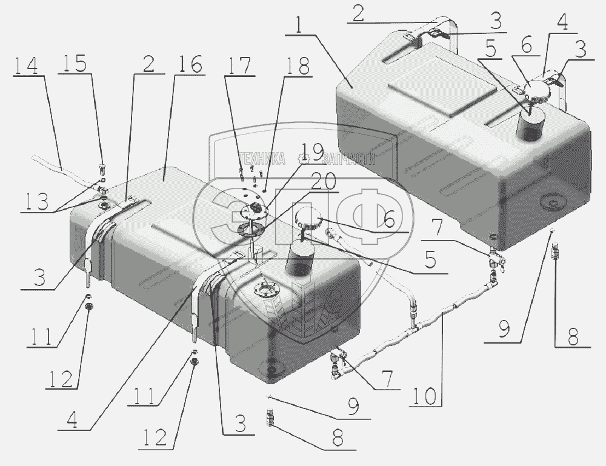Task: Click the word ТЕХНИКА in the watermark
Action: [264, 158]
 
